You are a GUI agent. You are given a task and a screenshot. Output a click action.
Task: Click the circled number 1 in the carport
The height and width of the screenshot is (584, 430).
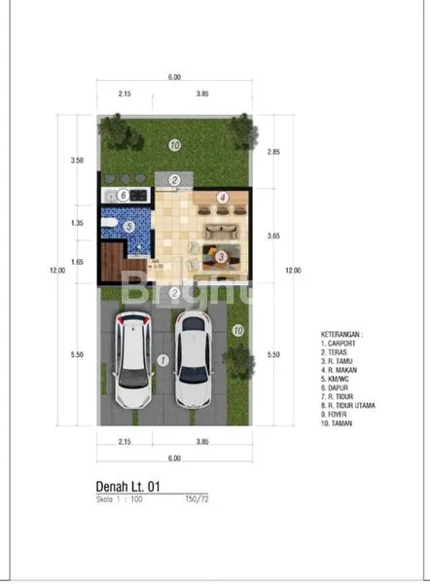[x=162, y=359]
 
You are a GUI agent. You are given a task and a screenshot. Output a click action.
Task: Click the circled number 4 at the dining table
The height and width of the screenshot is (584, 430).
[x=223, y=198]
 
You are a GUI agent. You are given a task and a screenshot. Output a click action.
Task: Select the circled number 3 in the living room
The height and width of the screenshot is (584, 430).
[x=222, y=257]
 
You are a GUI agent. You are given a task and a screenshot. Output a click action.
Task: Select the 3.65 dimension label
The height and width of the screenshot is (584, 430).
[x=273, y=236]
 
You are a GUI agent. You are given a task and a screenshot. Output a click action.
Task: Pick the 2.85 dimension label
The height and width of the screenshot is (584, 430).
[x=273, y=152]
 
